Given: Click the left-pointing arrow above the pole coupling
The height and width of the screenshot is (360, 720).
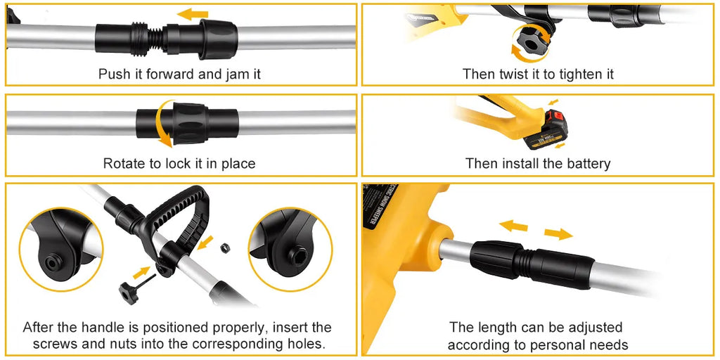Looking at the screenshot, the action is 193,14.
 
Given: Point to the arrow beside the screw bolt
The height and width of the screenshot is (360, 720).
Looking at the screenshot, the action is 142,273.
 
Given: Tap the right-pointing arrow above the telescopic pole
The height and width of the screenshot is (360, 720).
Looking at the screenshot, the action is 558,233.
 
